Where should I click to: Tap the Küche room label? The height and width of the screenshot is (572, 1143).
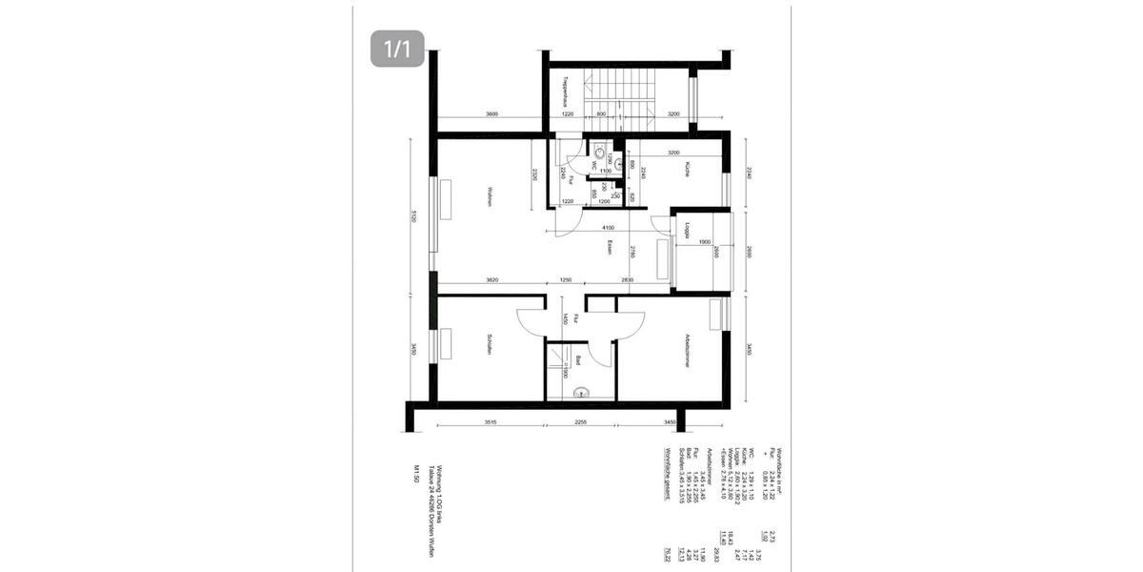click(x=685, y=170)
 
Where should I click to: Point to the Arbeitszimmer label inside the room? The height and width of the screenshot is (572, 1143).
click(x=686, y=351)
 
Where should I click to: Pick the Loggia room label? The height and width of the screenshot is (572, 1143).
click(x=684, y=230)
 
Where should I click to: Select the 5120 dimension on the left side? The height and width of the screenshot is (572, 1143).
click(x=413, y=215)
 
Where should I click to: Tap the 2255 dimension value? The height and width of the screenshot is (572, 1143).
click(x=582, y=420)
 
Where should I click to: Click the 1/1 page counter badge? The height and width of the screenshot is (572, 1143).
click(x=397, y=49)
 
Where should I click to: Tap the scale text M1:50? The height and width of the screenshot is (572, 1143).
click(x=416, y=474)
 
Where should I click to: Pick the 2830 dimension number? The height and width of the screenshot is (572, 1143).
click(x=627, y=280)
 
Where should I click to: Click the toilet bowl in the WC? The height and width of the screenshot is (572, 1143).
click(x=598, y=151)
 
